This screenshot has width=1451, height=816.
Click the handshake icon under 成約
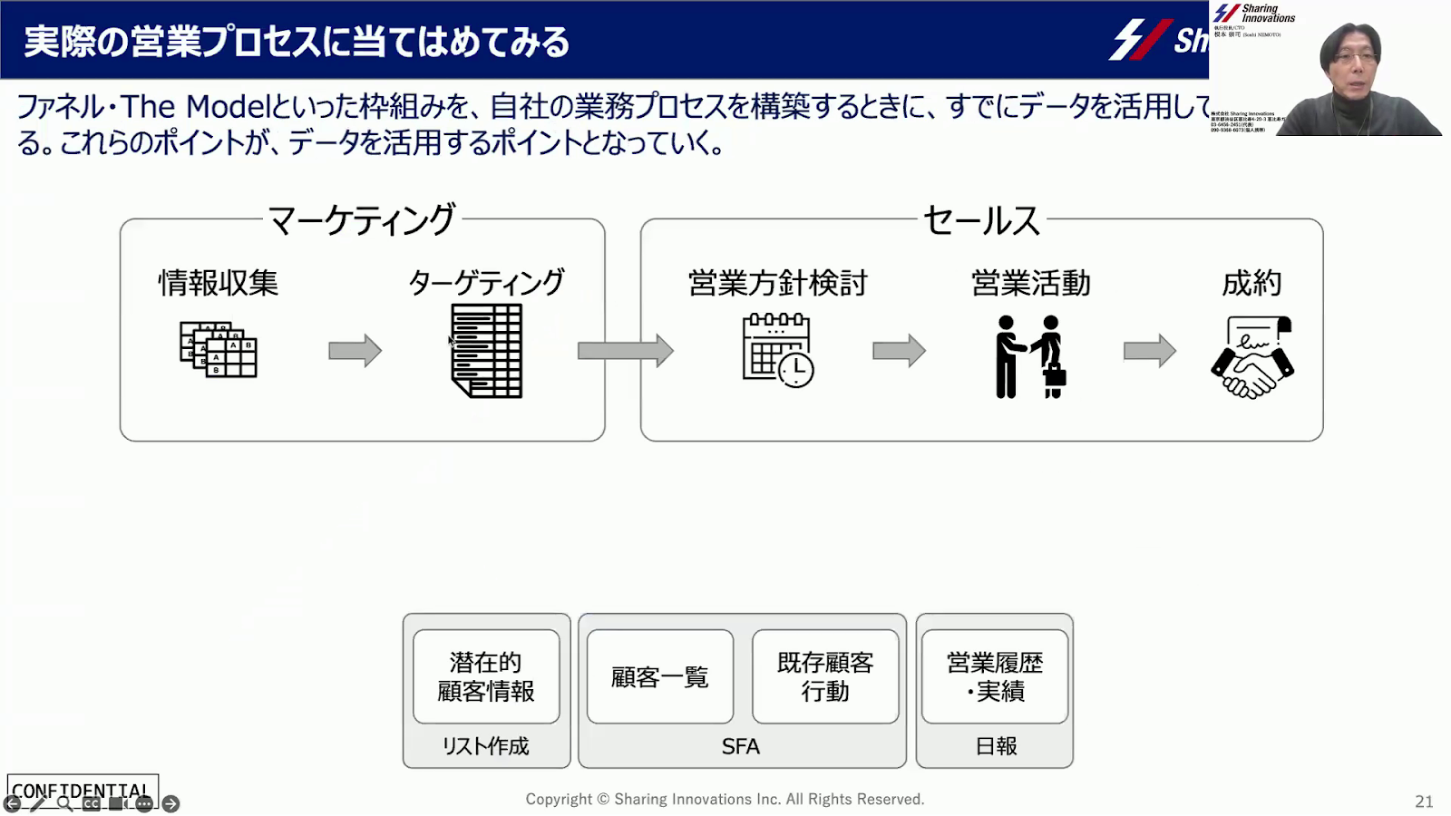click(1252, 357)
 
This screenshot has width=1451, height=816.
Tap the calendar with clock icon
click(777, 350)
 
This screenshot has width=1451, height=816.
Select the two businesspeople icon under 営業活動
click(1030, 356)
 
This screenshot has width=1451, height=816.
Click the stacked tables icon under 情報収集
click(219, 349)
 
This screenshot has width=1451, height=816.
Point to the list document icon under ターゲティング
click(487, 351)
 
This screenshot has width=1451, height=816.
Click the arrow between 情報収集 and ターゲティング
click(355, 350)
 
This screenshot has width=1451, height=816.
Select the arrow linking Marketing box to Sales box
click(625, 350)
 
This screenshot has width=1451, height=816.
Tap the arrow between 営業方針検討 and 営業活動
click(899, 350)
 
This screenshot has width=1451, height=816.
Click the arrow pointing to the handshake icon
click(1149, 350)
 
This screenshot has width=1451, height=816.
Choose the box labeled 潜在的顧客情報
click(486, 676)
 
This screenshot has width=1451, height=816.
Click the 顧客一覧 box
click(660, 676)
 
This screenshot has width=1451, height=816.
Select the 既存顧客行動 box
click(825, 676)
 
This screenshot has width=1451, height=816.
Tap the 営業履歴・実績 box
click(995, 676)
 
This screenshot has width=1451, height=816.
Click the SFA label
click(741, 746)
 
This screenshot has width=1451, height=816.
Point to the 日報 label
click(996, 746)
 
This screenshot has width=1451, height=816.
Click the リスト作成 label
click(486, 746)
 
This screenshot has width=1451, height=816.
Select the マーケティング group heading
click(362, 220)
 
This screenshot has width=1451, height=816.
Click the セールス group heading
click(981, 220)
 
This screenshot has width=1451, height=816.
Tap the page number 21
click(1424, 801)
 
